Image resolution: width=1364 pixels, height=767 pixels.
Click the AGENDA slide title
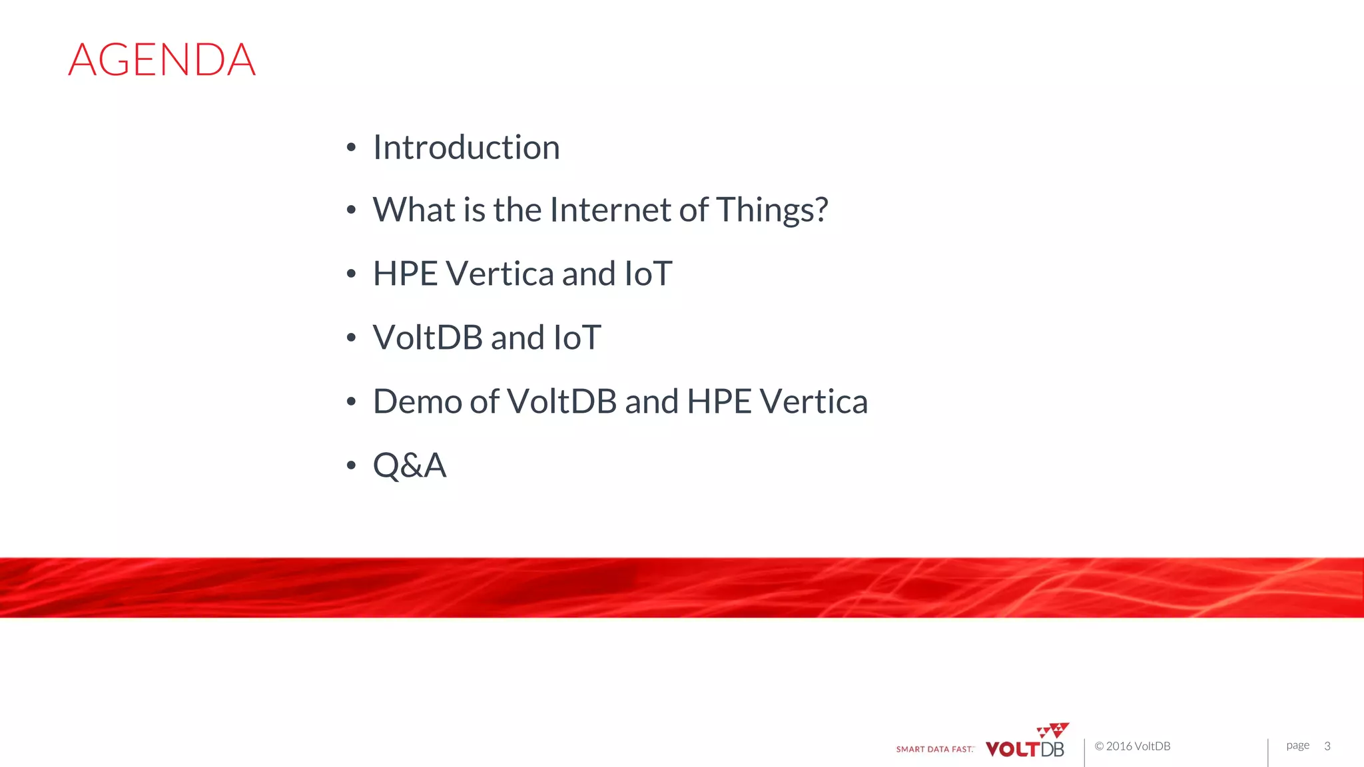[162, 60]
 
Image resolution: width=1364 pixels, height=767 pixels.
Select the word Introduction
[466, 147]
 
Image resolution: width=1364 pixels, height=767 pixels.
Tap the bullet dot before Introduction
[351, 148]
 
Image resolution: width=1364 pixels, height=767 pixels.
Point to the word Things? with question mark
[772, 211]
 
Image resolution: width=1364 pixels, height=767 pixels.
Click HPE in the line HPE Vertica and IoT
[405, 274]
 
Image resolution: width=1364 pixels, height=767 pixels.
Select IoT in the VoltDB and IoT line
[577, 338]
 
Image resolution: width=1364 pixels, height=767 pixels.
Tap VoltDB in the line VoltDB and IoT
[428, 338]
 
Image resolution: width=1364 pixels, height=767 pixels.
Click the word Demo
[417, 401]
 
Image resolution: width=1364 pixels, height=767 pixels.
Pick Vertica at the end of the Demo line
[813, 401]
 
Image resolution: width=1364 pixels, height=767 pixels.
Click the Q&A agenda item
[410, 465]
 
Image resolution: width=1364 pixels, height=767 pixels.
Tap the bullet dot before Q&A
[351, 465]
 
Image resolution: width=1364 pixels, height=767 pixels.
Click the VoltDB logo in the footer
[1024, 749]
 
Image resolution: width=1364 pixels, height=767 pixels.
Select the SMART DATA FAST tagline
[934, 750]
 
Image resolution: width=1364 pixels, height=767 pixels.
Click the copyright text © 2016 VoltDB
[1132, 746]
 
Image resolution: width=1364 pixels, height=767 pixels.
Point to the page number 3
[1327, 746]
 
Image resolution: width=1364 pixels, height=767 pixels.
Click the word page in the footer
[1297, 746]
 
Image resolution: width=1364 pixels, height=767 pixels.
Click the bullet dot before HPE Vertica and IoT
[351, 274]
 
